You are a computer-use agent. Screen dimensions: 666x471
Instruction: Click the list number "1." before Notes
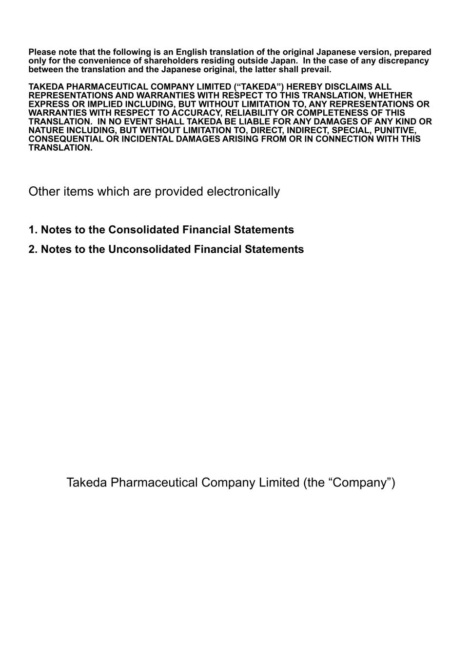(x=33, y=230)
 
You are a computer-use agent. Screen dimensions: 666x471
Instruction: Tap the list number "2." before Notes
(x=33, y=249)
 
